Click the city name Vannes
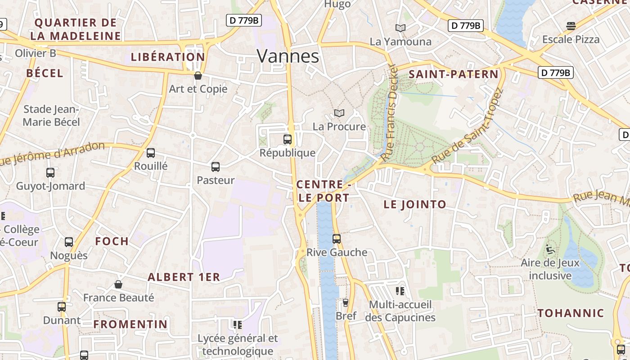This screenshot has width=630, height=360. [x=288, y=56]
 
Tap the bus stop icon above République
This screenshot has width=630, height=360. [x=288, y=139]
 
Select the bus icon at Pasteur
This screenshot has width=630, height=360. [x=216, y=167]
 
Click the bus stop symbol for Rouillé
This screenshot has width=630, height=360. [x=151, y=153]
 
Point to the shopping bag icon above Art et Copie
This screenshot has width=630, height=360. [x=198, y=76]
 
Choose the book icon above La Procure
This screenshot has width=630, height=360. [x=339, y=113]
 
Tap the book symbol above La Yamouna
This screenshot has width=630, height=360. [x=400, y=28]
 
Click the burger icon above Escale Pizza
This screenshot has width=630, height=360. [x=571, y=26]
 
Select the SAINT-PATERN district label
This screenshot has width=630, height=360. [x=454, y=74]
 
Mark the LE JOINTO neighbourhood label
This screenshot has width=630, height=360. [x=415, y=204]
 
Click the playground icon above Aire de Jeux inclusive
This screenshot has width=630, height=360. [x=549, y=249]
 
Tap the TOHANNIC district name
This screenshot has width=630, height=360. [x=571, y=313]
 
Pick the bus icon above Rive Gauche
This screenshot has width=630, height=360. [x=337, y=239]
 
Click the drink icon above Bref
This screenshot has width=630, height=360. [x=346, y=302]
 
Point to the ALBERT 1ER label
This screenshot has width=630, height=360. [x=184, y=277]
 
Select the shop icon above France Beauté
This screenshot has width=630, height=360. [x=118, y=284]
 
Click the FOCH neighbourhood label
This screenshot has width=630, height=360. [x=112, y=241]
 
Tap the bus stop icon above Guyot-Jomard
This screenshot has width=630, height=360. [x=50, y=172]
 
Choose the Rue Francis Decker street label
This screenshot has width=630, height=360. [x=390, y=112]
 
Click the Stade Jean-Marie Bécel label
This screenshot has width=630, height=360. [x=51, y=116]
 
